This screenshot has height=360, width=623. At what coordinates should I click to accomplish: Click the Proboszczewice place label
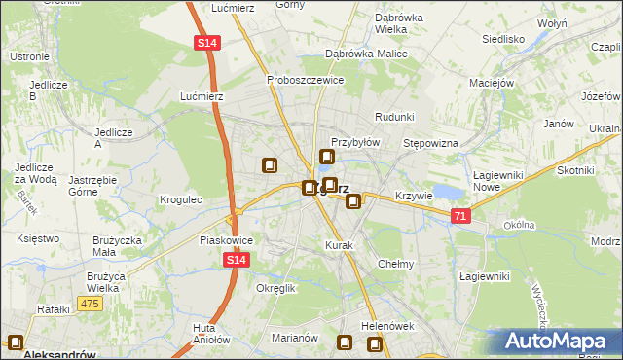(x=305, y=80)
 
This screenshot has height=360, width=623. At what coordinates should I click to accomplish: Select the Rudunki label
(x=394, y=117)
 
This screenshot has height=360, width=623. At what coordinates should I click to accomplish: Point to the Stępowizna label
(x=430, y=143)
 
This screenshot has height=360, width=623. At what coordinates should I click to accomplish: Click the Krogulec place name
(x=180, y=199)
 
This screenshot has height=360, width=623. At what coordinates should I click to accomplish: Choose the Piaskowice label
(x=226, y=239)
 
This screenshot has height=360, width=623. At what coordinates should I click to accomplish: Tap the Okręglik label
(x=275, y=288)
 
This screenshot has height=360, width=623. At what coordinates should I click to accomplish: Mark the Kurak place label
(x=339, y=245)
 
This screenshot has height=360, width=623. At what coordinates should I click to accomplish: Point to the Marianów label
(x=295, y=338)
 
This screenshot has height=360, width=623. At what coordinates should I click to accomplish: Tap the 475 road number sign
(x=90, y=305)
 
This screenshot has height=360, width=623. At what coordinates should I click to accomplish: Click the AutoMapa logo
(x=559, y=342)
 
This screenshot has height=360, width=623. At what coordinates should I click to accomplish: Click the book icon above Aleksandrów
(x=16, y=342)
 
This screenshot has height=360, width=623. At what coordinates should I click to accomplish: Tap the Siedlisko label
(x=503, y=40)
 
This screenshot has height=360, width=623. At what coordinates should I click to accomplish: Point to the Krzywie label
(x=414, y=196)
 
